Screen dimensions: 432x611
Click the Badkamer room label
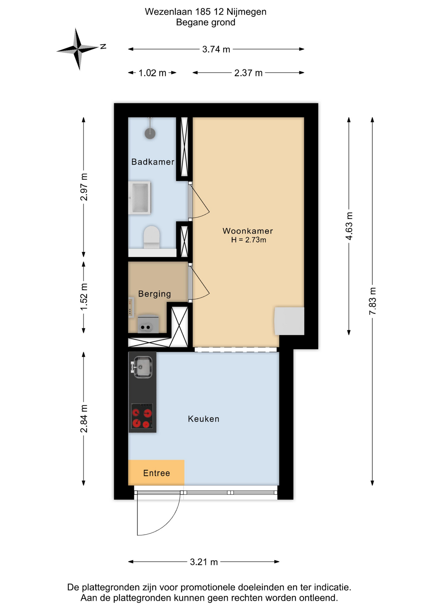[x=153, y=162]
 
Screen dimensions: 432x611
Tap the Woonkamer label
[x=247, y=231]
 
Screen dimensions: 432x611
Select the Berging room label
[x=155, y=294]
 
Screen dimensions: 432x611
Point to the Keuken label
[x=204, y=419]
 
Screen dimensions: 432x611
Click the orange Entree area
[x=156, y=473]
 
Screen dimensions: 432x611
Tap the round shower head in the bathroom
[x=150, y=133]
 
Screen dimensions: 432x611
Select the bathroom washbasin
[x=139, y=198]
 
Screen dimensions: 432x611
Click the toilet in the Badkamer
[x=151, y=237]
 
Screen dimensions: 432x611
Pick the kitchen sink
[x=142, y=367]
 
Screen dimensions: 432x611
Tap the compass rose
[x=78, y=49]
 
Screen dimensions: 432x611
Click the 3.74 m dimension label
[x=216, y=49]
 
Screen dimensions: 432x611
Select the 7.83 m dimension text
[x=373, y=301]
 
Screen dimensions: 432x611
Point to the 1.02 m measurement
[x=152, y=73]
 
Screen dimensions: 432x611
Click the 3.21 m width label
[x=204, y=562]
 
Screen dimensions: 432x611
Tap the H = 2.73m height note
[x=248, y=240]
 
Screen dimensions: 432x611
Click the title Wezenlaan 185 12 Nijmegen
[x=206, y=12]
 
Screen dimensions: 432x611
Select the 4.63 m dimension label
[x=349, y=226]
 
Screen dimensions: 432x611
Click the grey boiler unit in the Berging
[x=148, y=324]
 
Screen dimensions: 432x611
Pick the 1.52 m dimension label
[x=84, y=297]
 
